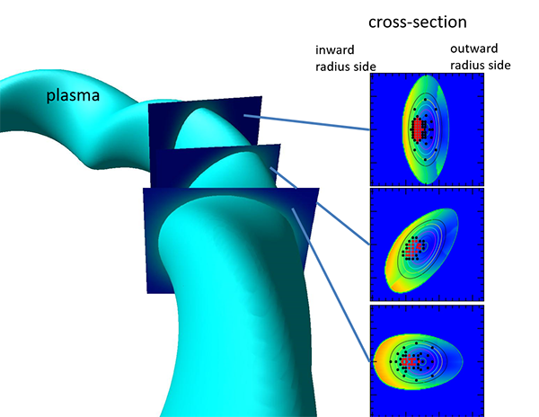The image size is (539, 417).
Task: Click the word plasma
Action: coord(73,95)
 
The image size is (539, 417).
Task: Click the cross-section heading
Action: coord(418,22)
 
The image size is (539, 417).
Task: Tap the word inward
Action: coord(334,49)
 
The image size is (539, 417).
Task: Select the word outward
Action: coord(473,49)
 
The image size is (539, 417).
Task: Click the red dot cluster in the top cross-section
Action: coord(418,129)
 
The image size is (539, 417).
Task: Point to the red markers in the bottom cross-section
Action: coord(410,361)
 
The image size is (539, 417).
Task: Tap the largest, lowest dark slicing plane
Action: coord(151,241)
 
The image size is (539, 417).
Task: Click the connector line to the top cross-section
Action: coord(306,123)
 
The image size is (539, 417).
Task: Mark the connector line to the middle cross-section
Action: coord(320,206)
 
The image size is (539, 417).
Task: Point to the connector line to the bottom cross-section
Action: coord(331,285)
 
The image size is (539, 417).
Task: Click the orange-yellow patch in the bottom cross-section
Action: coord(383,361)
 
